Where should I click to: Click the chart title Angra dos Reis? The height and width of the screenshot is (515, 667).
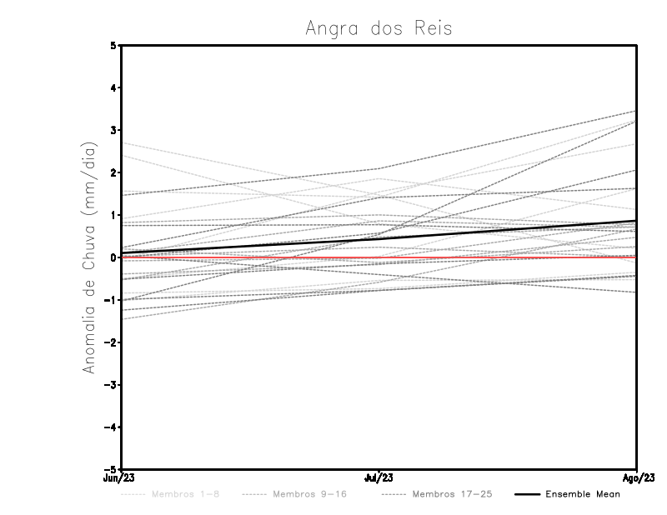point(379,28)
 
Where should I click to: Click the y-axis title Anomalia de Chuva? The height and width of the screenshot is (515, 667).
point(90,257)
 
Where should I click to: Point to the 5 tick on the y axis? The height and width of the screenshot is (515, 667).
point(113,45)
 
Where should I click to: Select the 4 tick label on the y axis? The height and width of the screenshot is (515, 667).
point(113,87)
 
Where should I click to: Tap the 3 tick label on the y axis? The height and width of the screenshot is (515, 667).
point(113,130)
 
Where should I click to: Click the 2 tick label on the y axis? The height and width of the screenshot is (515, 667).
point(113,172)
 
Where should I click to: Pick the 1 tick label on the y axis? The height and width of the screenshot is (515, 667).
point(113,215)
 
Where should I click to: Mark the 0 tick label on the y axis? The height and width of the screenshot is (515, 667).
point(113,257)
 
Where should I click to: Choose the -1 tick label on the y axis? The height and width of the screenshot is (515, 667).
point(111,300)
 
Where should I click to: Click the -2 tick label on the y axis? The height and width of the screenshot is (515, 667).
point(111,342)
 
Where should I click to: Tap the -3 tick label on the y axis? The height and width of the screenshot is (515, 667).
point(111,385)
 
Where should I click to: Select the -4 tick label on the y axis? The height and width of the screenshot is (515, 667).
point(111,427)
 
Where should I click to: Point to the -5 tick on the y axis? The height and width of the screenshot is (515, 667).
point(111,470)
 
